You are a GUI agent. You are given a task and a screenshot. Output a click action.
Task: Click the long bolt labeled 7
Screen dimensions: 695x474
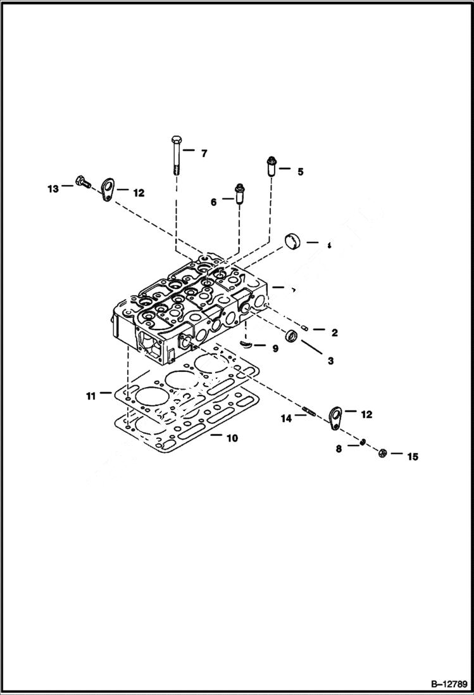click(176, 156)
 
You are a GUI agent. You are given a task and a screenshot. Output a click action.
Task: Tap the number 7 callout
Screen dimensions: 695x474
click(204, 153)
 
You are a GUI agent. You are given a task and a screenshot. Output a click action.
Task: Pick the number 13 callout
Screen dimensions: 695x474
click(53, 189)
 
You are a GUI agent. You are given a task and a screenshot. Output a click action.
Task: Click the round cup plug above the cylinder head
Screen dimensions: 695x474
click(292, 242)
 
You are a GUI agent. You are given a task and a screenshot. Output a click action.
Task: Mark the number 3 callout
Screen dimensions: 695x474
click(330, 361)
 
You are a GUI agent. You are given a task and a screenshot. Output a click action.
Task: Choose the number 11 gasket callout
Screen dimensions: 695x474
click(91, 396)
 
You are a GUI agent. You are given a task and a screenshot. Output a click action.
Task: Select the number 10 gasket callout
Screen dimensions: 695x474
click(232, 438)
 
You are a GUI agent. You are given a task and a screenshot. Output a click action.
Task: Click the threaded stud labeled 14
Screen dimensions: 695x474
click(309, 414)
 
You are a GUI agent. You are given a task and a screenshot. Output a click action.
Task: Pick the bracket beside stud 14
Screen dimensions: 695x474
click(335, 416)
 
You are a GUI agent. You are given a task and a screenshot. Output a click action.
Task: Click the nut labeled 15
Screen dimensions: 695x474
click(382, 454)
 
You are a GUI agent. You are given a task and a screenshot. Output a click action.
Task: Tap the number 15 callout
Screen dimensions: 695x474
click(412, 456)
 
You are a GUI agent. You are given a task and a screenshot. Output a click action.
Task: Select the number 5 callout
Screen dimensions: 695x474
click(301, 171)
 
